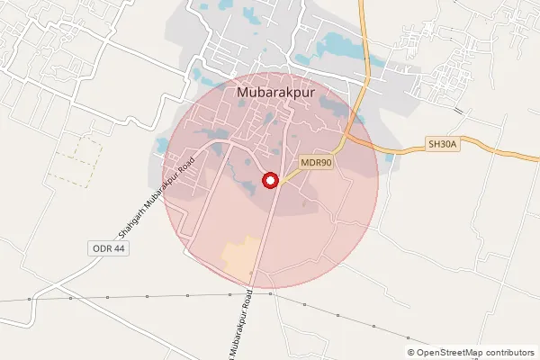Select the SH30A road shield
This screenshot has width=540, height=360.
(443, 144)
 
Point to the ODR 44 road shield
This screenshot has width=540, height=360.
(109, 248)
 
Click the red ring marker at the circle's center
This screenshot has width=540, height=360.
(269, 181)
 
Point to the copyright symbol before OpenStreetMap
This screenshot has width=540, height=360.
(411, 353)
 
